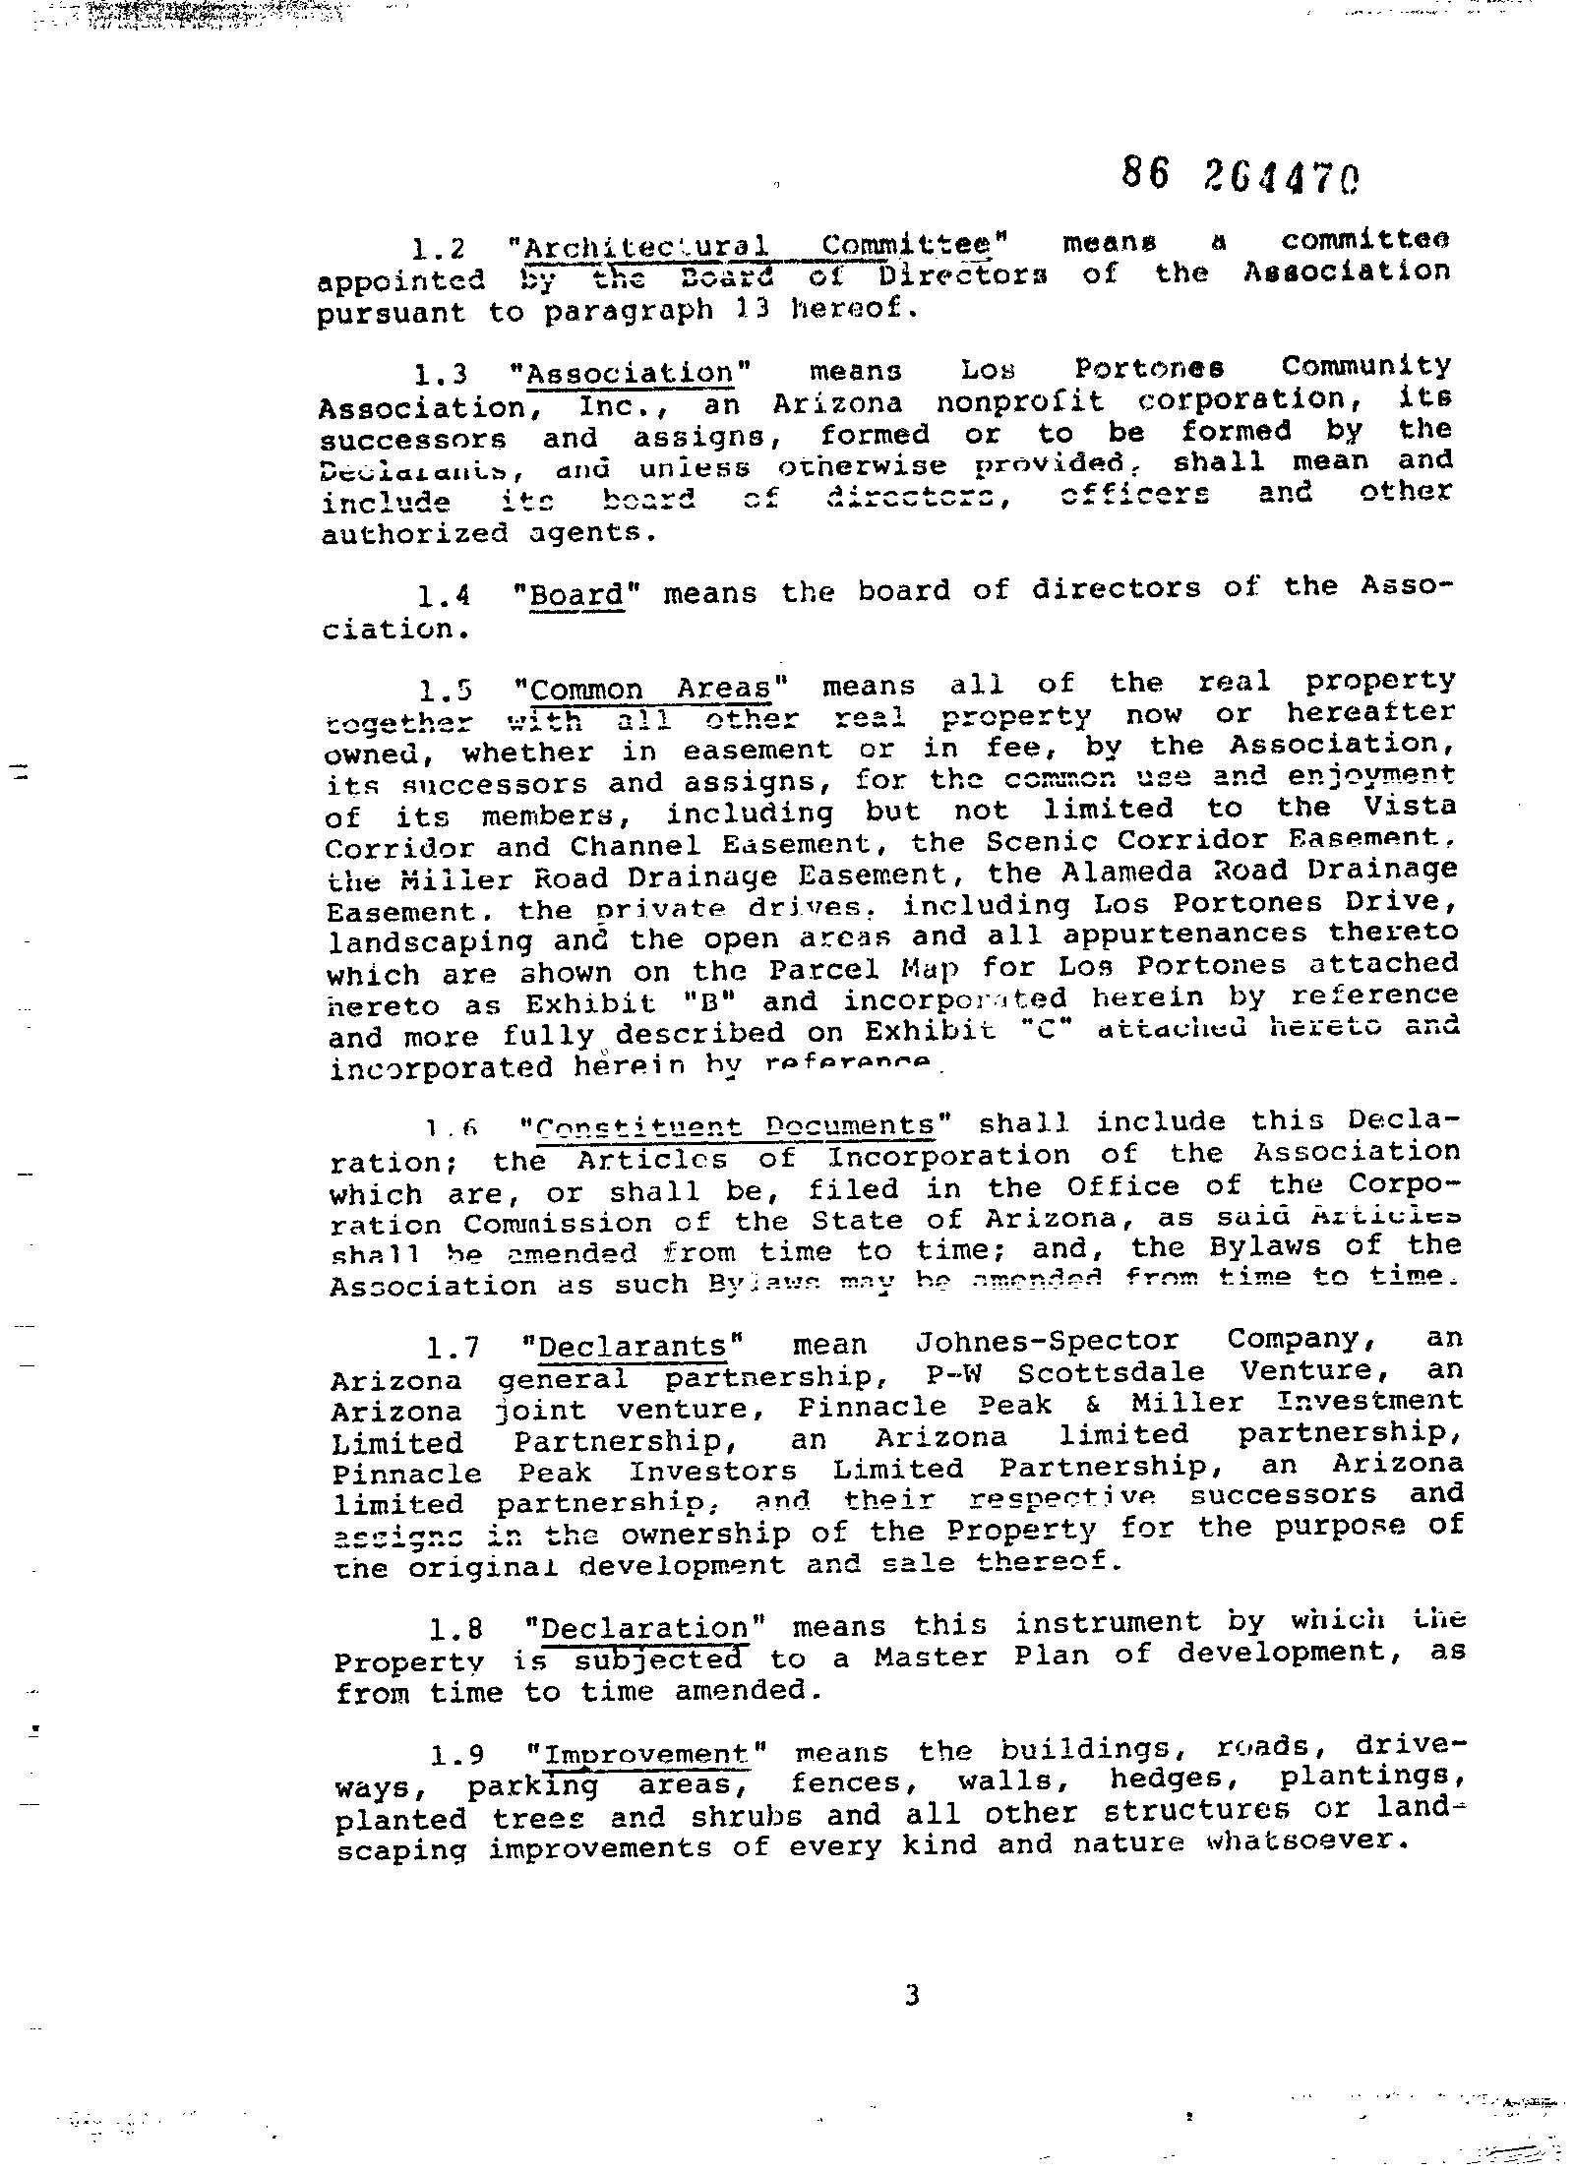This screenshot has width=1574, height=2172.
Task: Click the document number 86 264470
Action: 1242,176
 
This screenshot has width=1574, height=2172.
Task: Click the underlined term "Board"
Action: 576,595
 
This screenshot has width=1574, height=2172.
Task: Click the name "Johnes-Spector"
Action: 1046,1342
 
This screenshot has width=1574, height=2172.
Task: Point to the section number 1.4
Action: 444,596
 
